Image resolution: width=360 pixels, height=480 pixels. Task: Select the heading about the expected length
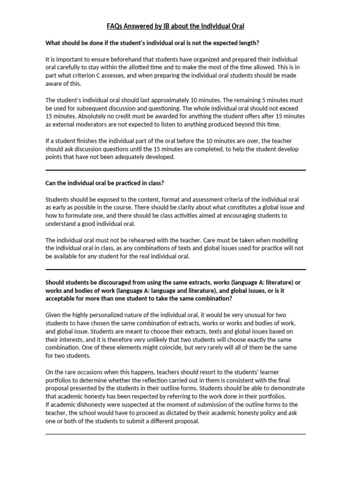pos(152,43)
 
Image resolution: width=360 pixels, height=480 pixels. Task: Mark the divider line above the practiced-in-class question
pos(175,170)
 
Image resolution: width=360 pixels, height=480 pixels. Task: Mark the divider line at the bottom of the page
pos(175,434)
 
